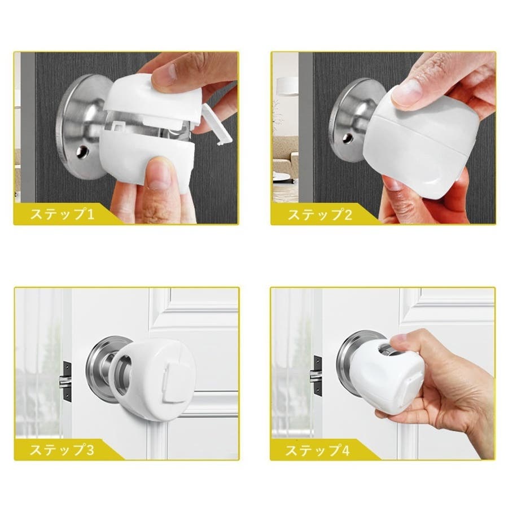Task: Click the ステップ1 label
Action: click(x=63, y=214)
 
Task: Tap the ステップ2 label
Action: click(x=320, y=214)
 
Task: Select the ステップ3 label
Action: click(x=63, y=450)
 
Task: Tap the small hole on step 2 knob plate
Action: click(x=348, y=138)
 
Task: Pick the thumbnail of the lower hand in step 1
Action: click(x=158, y=173)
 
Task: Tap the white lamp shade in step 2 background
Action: click(x=287, y=86)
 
